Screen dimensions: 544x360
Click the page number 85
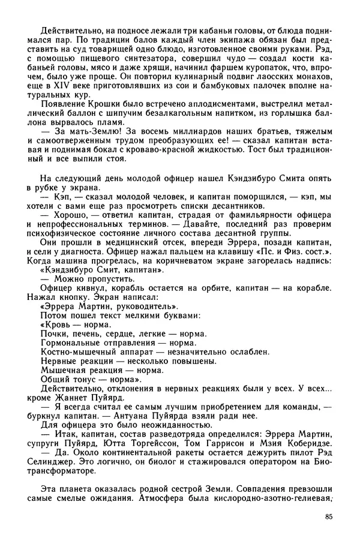(x=327, y=517)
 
